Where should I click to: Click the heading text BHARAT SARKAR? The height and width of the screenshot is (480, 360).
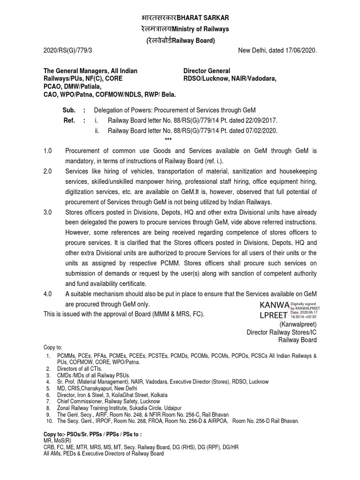coord(202,18)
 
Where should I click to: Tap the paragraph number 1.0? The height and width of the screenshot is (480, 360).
coord(49,150)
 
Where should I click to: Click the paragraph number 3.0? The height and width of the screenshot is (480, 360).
coord(49,212)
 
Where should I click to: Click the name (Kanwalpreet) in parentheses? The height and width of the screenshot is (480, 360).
coord(298,324)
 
